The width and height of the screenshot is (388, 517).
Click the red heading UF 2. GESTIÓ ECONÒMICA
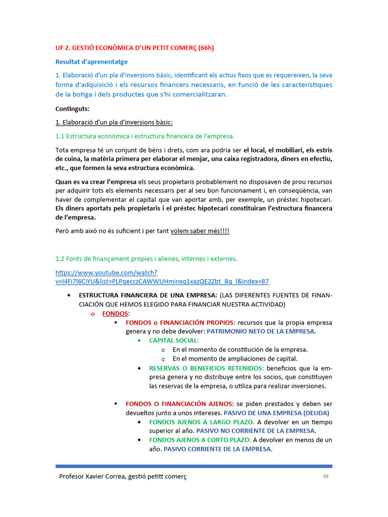134,48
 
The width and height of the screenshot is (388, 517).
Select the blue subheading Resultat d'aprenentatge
91,62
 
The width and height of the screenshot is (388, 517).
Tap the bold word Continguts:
72,109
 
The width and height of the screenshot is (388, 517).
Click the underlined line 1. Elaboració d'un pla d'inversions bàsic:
114,122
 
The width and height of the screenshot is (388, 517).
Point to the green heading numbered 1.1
144,136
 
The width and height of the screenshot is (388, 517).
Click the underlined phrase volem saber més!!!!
200,231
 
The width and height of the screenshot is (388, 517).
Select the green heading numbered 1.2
146,259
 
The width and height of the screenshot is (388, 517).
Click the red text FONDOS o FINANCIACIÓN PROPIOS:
180,322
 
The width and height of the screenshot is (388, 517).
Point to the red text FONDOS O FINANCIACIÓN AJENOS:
179,403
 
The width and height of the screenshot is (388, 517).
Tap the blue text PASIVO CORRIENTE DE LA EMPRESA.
218,449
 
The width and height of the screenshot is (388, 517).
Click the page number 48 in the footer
326,477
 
